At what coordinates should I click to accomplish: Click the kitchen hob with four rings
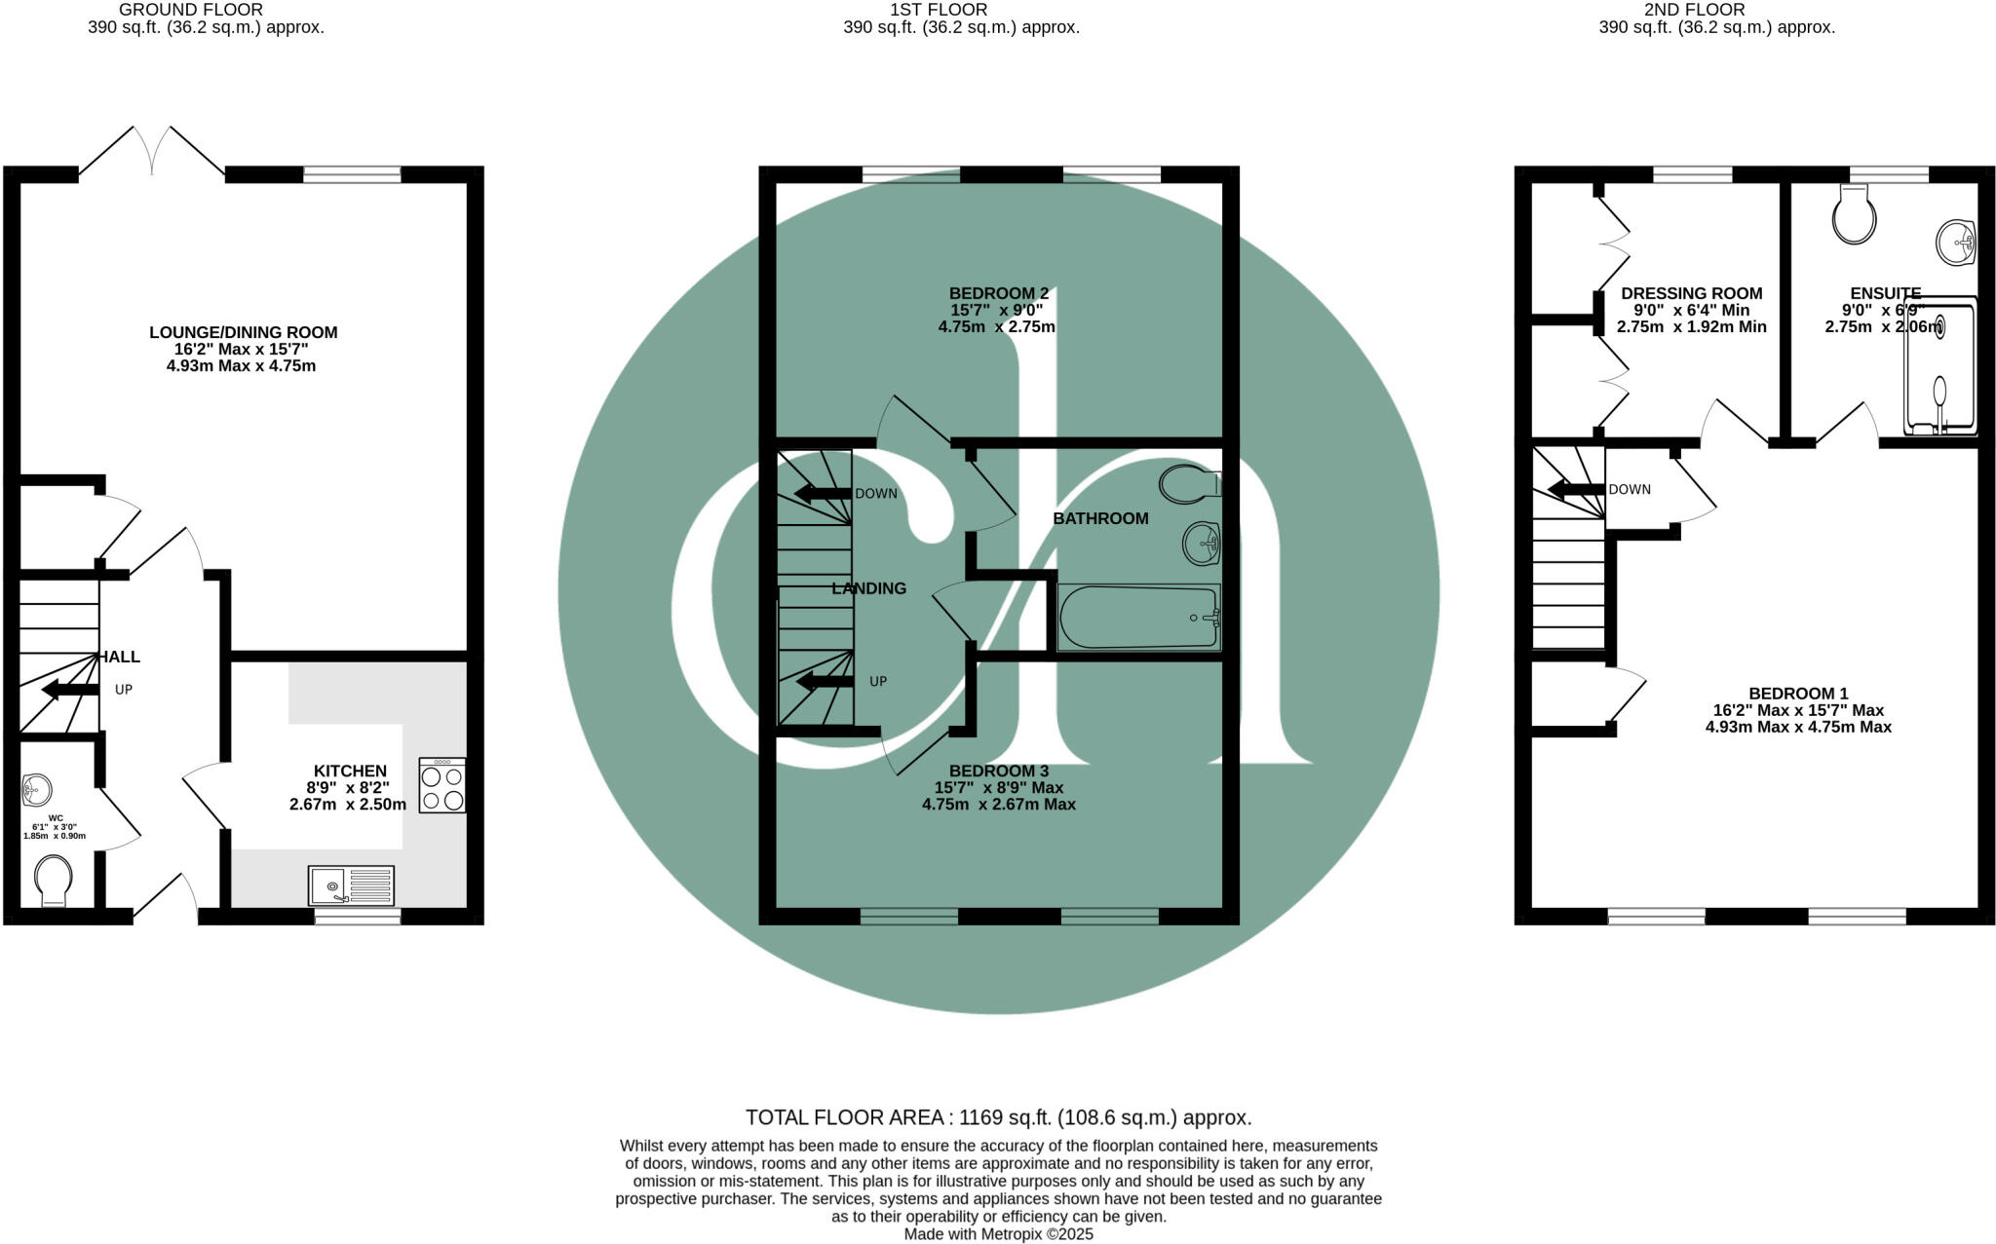(441, 785)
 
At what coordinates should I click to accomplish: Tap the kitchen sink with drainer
(351, 886)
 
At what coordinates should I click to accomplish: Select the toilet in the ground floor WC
(52, 880)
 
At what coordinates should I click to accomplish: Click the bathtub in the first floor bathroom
(1138, 618)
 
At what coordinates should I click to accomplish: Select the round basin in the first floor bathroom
(1201, 543)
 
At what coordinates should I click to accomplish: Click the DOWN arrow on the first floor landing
(822, 493)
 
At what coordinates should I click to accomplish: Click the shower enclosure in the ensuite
(1940, 365)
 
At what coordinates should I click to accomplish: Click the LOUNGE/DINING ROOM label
(243, 332)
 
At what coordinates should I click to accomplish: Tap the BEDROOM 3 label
(998, 771)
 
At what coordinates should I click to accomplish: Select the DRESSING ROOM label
(1691, 293)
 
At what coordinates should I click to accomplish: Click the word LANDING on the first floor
(868, 588)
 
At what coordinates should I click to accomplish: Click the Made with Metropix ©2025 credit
(998, 1234)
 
